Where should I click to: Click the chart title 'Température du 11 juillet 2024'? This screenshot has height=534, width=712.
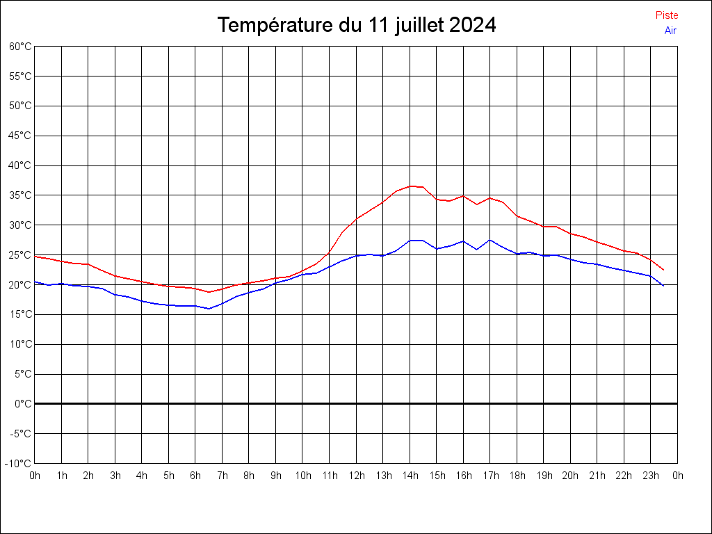point(356,26)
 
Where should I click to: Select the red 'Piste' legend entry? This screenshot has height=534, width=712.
point(667,15)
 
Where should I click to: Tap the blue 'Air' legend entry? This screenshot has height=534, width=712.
point(670,31)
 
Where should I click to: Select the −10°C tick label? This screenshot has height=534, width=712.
point(19,463)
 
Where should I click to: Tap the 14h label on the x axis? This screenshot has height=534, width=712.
point(410,476)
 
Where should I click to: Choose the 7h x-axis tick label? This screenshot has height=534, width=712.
point(222,476)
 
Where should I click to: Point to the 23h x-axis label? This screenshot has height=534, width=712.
point(651,476)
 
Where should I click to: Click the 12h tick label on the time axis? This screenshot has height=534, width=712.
point(356,476)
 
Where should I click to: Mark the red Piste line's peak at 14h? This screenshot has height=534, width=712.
point(410,186)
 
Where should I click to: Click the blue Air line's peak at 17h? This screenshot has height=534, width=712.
point(490,240)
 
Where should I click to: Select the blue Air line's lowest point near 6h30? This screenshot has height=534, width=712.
point(209,309)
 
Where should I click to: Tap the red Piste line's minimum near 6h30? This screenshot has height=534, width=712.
point(209,292)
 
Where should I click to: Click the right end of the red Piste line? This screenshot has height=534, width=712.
point(664,270)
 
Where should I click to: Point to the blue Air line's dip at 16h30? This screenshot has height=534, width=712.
point(477,249)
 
